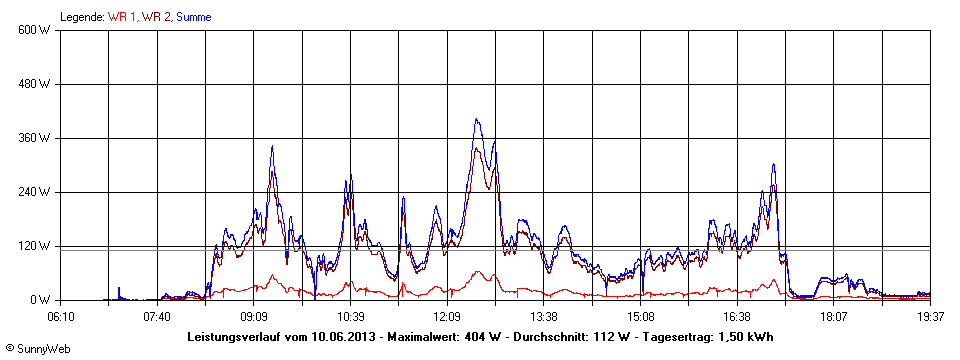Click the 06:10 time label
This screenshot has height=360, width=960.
click(61, 316)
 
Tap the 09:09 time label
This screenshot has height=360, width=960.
click(254, 316)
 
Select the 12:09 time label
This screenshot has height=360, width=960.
click(448, 316)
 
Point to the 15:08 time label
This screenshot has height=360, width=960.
click(641, 316)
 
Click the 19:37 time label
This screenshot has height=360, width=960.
click(931, 316)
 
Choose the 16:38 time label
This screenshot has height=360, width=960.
click(738, 316)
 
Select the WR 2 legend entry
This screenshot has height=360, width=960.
click(156, 17)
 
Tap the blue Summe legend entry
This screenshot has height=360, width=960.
click(194, 17)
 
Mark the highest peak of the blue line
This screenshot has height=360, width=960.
click(477, 119)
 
